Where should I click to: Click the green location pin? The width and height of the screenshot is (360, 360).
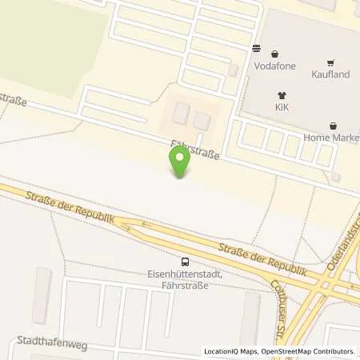pyautogui.click(x=181, y=163)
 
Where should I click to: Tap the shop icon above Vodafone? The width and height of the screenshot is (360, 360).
pyautogui.click(x=257, y=48)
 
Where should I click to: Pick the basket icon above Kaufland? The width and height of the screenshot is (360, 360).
pyautogui.click(x=329, y=63)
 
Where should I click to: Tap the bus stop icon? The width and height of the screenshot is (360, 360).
pyautogui.click(x=186, y=261)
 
